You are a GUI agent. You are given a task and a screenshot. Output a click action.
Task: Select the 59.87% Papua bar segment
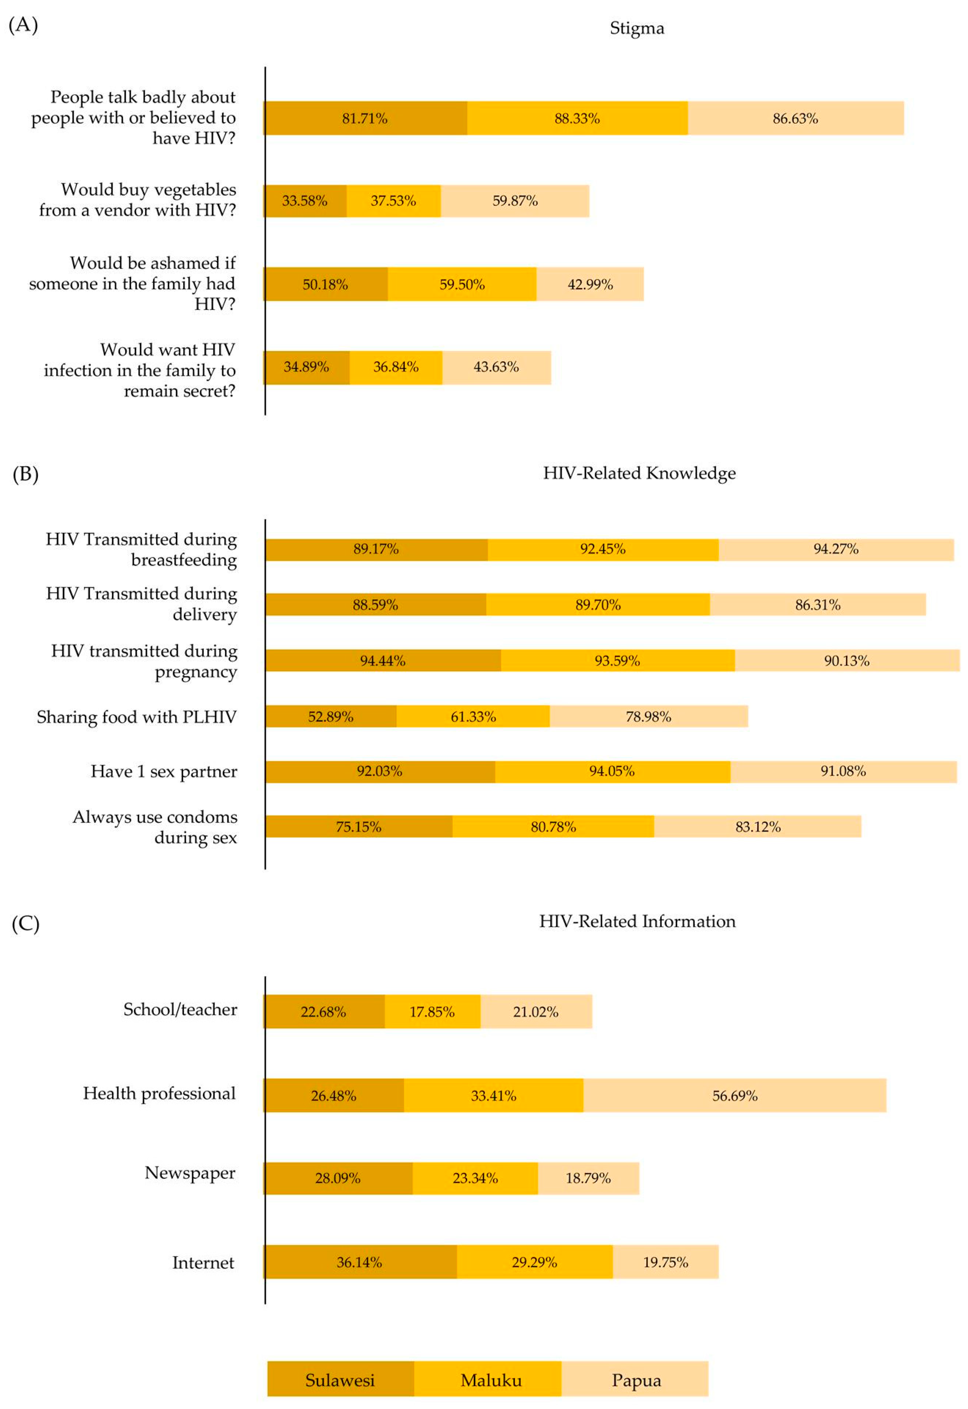(515, 201)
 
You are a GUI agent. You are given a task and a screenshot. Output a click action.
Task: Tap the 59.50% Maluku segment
(462, 284)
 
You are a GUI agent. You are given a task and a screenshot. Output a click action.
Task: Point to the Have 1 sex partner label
(164, 771)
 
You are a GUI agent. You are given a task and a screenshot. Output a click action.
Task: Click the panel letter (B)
(25, 473)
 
